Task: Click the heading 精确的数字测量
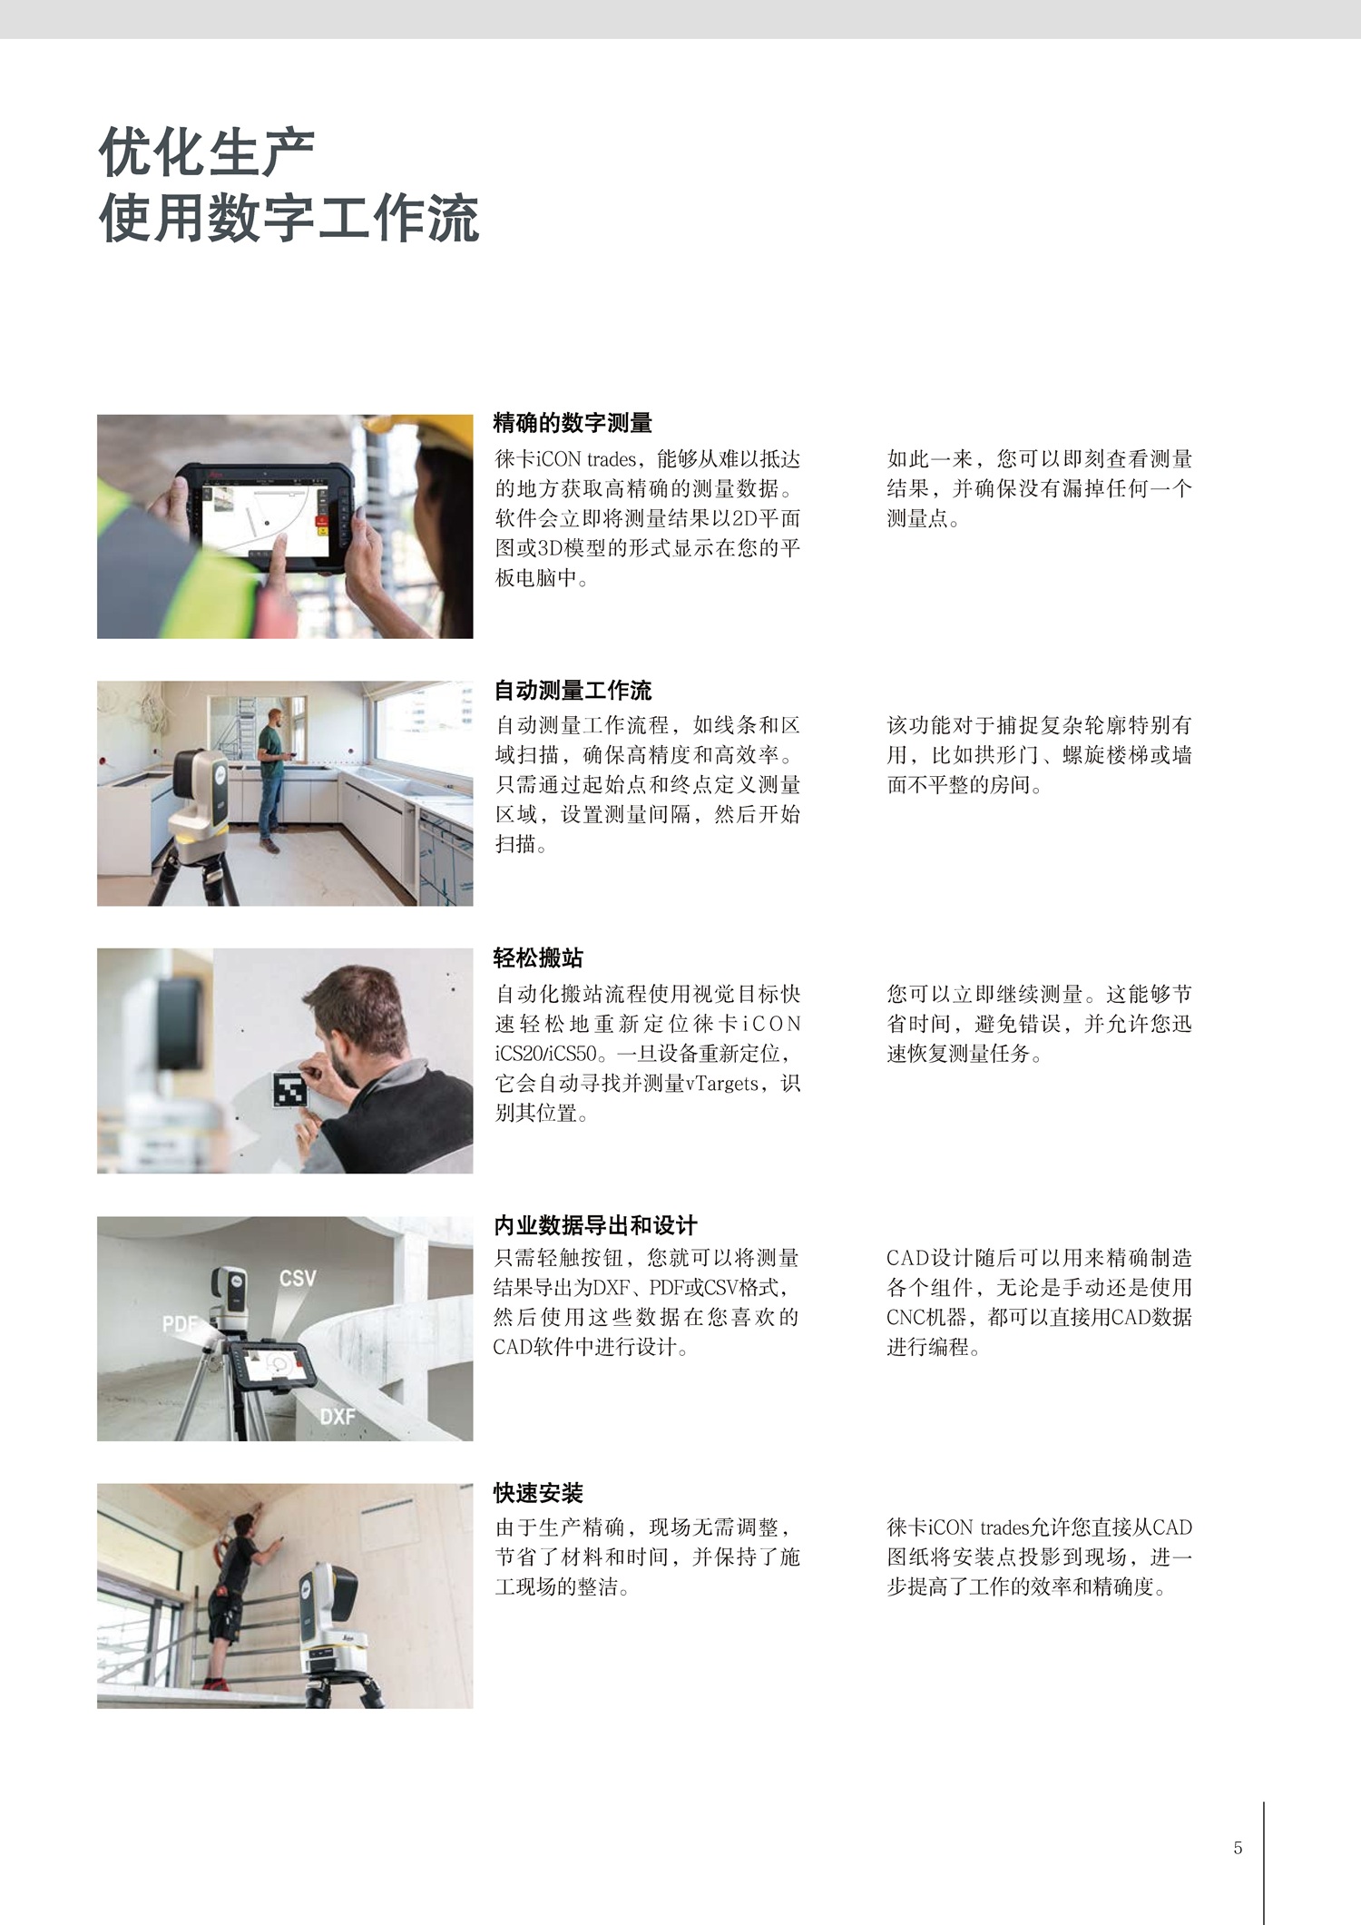[x=573, y=422]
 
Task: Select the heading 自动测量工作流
[x=573, y=690]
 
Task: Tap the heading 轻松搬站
[x=538, y=958]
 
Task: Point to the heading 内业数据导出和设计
[x=595, y=1225]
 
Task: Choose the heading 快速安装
[x=538, y=1493]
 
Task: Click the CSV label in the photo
[x=298, y=1278]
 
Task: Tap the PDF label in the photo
[x=181, y=1324]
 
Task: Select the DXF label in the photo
[x=338, y=1416]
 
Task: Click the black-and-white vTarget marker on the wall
[x=290, y=1089]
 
